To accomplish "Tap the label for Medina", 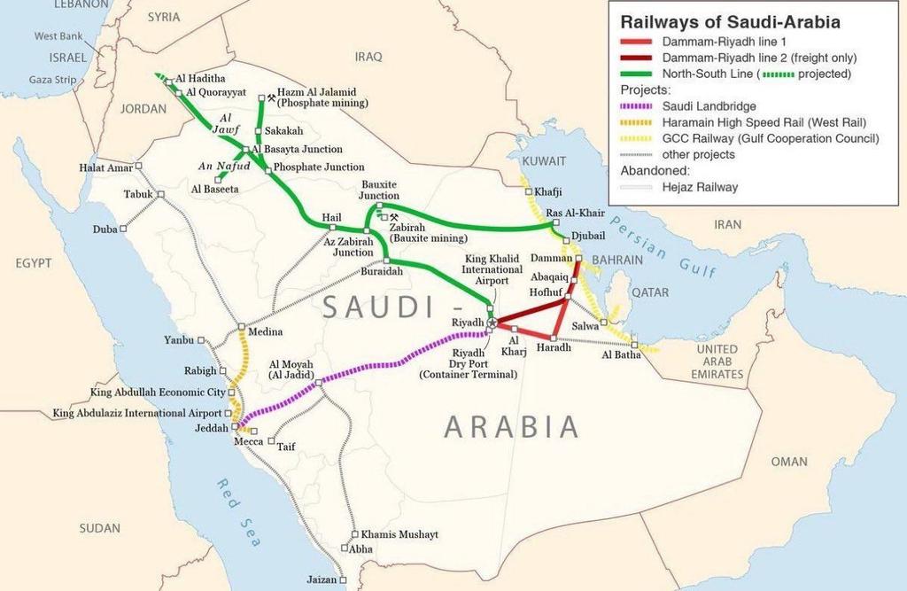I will pos(266,332).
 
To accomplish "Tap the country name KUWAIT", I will pos(543,161).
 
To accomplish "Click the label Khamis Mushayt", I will pos(399,535).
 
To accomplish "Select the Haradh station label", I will pos(554,348).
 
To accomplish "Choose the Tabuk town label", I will pos(138,194).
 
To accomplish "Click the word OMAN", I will pos(789,462).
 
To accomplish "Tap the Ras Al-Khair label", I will pos(575,214).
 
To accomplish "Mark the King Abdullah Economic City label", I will pos(158,392).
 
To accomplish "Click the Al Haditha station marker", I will pos(168,82).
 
